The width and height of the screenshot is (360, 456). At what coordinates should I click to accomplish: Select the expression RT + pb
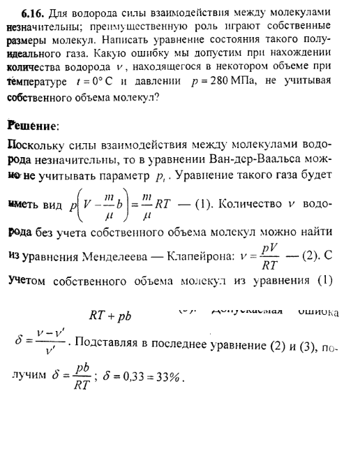pyautogui.click(x=111, y=315)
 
